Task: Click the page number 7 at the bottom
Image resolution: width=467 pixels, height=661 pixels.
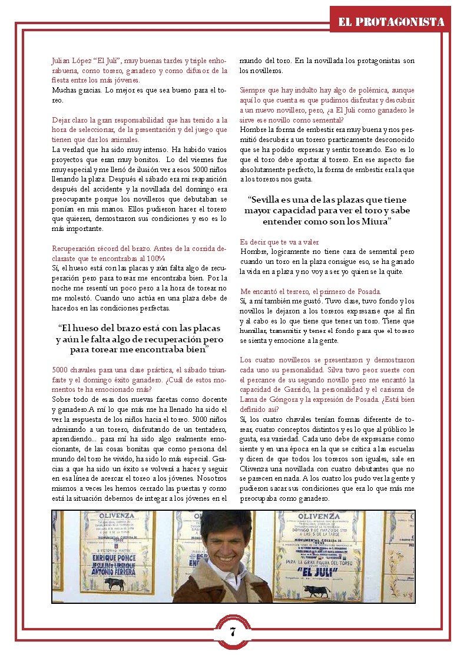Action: [233, 632]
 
